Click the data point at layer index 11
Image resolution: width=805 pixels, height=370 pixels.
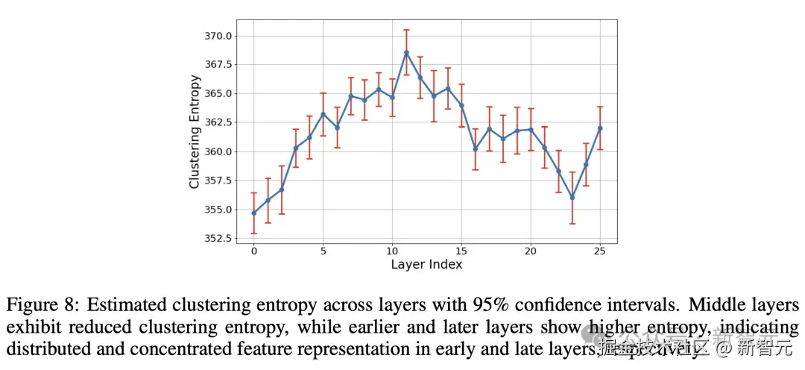coord(406,52)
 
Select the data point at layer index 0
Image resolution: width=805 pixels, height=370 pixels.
coord(254,213)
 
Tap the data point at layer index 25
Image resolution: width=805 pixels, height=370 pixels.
coord(600,128)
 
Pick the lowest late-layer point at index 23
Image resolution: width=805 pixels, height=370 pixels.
coord(572,197)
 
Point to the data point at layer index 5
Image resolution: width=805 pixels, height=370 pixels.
coord(323,114)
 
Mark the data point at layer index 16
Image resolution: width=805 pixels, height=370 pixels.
coord(476,148)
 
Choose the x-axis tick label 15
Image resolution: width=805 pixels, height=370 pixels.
coord(461,252)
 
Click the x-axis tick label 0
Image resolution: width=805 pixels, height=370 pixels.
coord(254,252)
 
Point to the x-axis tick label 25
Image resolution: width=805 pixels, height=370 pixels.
coord(600,252)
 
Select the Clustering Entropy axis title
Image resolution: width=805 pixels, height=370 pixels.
coord(195,131)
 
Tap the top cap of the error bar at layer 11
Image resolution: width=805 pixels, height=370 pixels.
coord(406,30)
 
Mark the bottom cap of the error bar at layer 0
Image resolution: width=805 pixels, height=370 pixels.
coord(254,233)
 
